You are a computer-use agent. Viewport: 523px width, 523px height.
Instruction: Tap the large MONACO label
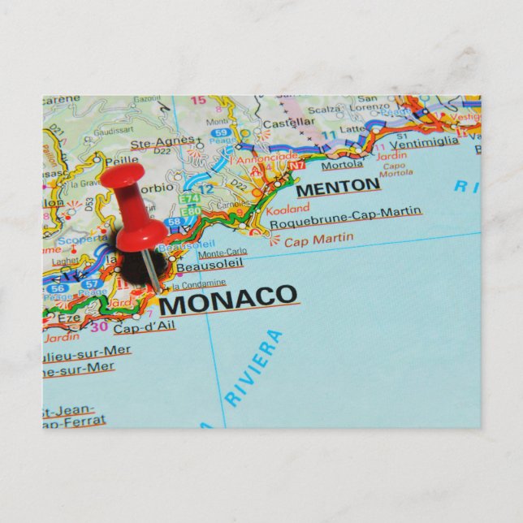coord(228,300)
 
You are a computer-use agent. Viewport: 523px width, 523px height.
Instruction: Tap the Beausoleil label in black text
coord(199,264)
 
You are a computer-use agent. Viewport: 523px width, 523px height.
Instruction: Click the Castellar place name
coord(289,123)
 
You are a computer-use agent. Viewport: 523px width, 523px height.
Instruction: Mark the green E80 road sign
coord(192,211)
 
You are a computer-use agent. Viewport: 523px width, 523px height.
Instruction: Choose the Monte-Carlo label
coord(222,252)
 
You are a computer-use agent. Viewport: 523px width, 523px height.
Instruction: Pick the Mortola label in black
coord(342,165)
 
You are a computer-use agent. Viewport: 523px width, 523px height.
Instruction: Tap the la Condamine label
coord(198,283)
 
